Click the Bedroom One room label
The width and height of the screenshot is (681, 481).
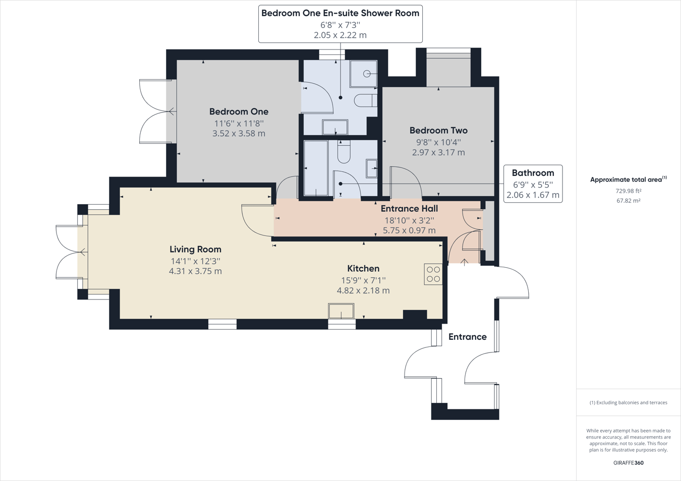[x=239, y=111]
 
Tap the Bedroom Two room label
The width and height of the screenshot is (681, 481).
[x=438, y=131]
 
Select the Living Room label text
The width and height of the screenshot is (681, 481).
[x=195, y=249]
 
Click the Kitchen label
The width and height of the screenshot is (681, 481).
[x=363, y=269]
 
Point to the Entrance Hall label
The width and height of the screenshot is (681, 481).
[x=409, y=209]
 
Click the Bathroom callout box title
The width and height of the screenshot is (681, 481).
[x=533, y=173]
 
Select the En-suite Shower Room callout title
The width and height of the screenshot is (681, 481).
[x=340, y=14]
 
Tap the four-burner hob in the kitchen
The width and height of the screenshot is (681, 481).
[x=433, y=274]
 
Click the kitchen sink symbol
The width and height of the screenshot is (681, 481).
[x=341, y=311]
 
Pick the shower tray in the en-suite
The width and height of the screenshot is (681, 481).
[x=364, y=74]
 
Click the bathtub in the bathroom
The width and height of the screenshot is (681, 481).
[x=316, y=168]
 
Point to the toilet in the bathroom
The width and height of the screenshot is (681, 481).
[x=344, y=152]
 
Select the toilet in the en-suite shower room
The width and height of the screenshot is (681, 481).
[x=365, y=100]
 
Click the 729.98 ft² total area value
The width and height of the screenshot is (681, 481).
[x=628, y=191]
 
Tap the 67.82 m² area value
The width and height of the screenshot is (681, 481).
[x=628, y=201]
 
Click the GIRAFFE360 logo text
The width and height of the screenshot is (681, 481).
[x=628, y=463]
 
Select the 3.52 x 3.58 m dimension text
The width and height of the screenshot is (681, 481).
[x=239, y=134]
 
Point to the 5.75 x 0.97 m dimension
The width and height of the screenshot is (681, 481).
[x=409, y=230]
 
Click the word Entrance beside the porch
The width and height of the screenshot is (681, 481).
[x=468, y=337]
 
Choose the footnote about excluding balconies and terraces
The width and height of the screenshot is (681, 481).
[x=628, y=402]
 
